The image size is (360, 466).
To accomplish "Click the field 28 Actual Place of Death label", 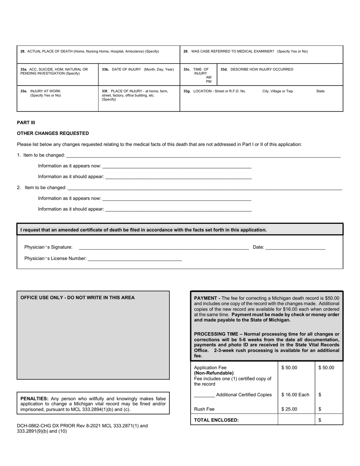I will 90,51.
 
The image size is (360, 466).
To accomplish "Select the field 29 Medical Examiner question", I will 246,51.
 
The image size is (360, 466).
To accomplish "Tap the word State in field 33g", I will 320,91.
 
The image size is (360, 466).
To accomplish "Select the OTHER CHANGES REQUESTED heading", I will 53,133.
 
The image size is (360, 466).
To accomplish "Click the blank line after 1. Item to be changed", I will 203,155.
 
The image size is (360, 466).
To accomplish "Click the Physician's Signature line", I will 163,247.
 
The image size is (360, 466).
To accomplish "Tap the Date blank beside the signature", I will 295,247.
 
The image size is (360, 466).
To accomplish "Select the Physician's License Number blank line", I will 135,259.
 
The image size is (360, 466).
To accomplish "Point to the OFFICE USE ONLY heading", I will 77,297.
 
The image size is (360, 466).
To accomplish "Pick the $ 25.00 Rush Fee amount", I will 289,409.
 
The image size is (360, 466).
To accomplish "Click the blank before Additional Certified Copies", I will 204,395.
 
